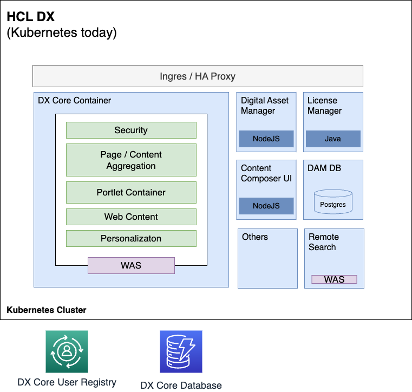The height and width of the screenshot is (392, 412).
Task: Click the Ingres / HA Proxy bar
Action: [x=198, y=76]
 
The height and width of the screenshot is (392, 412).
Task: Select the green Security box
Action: [x=131, y=130]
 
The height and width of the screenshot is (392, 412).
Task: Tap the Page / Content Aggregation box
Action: [x=131, y=160]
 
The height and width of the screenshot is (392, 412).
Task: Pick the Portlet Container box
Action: [x=131, y=192]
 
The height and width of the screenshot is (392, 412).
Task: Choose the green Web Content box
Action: [x=131, y=217]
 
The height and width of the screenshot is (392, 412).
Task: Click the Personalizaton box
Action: [x=131, y=238]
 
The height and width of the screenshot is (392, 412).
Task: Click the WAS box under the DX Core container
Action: [x=131, y=265]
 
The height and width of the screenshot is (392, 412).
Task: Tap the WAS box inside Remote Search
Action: [x=334, y=279]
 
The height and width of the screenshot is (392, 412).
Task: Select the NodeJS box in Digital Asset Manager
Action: [x=266, y=139]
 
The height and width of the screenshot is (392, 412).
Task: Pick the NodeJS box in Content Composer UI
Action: [x=266, y=206]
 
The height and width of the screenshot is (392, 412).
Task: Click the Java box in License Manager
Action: [x=333, y=139]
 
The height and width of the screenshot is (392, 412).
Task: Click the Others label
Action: [x=255, y=237]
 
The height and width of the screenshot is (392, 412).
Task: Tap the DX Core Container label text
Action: [x=74, y=100]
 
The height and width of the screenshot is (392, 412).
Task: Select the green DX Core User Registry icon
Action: [x=67, y=351]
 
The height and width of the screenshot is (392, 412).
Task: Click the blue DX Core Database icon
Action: [x=181, y=352]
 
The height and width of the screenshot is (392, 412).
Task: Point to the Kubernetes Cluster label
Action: [x=47, y=310]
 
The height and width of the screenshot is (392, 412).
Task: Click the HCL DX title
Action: [x=30, y=17]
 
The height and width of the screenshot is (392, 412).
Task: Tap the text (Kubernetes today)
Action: [x=61, y=32]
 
